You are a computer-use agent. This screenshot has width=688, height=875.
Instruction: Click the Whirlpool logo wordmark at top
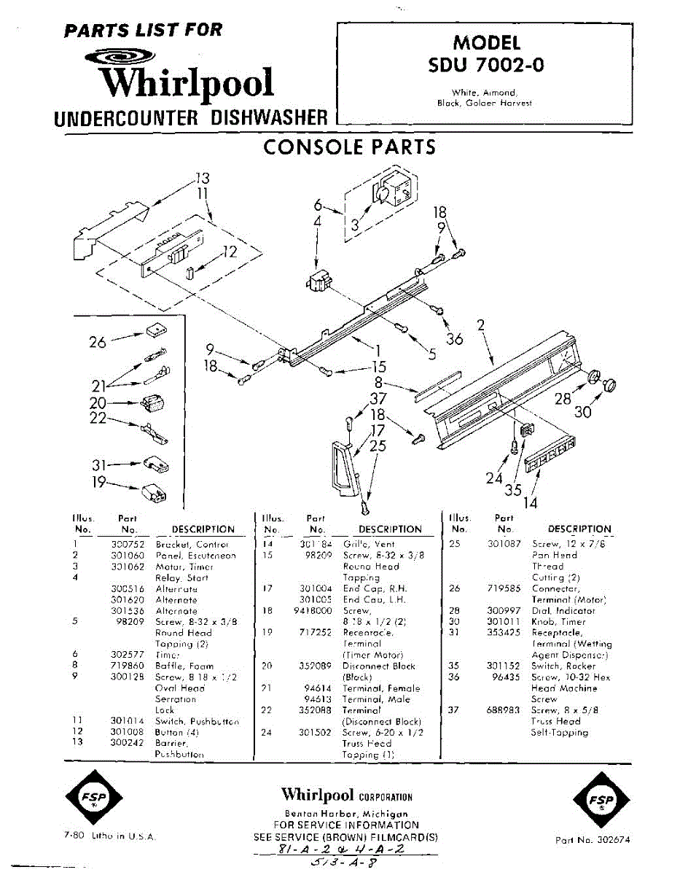(x=187, y=82)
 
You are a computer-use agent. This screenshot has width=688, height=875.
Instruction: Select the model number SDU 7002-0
(x=486, y=65)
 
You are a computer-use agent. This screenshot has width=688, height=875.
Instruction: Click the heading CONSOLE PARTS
(x=349, y=147)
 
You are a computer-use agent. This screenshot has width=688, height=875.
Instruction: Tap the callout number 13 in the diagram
(x=202, y=178)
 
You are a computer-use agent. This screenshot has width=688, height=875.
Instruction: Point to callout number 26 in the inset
(x=98, y=341)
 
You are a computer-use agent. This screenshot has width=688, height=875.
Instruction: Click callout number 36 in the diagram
(x=454, y=339)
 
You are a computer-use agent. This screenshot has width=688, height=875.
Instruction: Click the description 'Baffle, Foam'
(x=184, y=666)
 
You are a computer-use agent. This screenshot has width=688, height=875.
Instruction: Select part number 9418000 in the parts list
(x=312, y=610)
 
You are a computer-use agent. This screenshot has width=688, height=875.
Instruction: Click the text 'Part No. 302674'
(x=593, y=840)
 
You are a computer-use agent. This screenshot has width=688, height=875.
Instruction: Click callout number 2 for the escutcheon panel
(x=481, y=325)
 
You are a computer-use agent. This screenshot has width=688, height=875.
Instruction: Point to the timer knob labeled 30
(x=611, y=384)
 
